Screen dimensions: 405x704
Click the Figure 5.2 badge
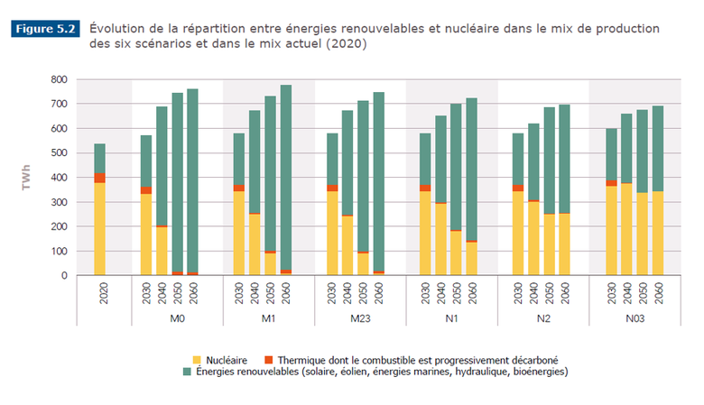[x=45, y=29]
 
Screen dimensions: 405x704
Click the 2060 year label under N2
[x=566, y=295]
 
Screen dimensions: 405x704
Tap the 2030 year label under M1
[x=238, y=295]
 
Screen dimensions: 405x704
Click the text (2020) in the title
[x=345, y=44]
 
